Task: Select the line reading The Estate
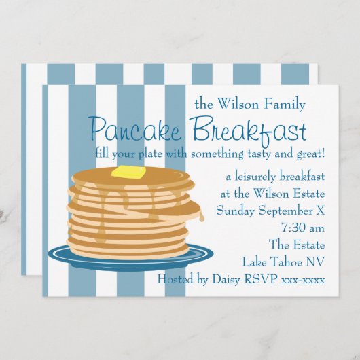click(297, 245)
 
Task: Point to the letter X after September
click(320, 211)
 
